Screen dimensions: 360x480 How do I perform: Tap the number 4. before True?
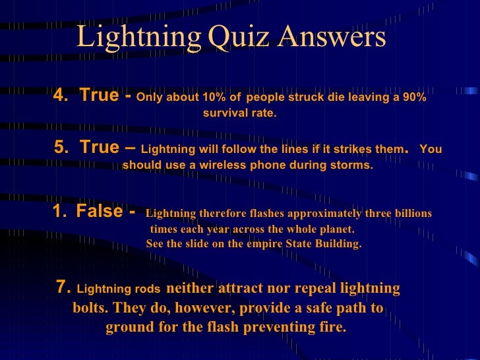[x=61, y=96]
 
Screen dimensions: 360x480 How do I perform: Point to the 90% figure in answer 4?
[x=413, y=98]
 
